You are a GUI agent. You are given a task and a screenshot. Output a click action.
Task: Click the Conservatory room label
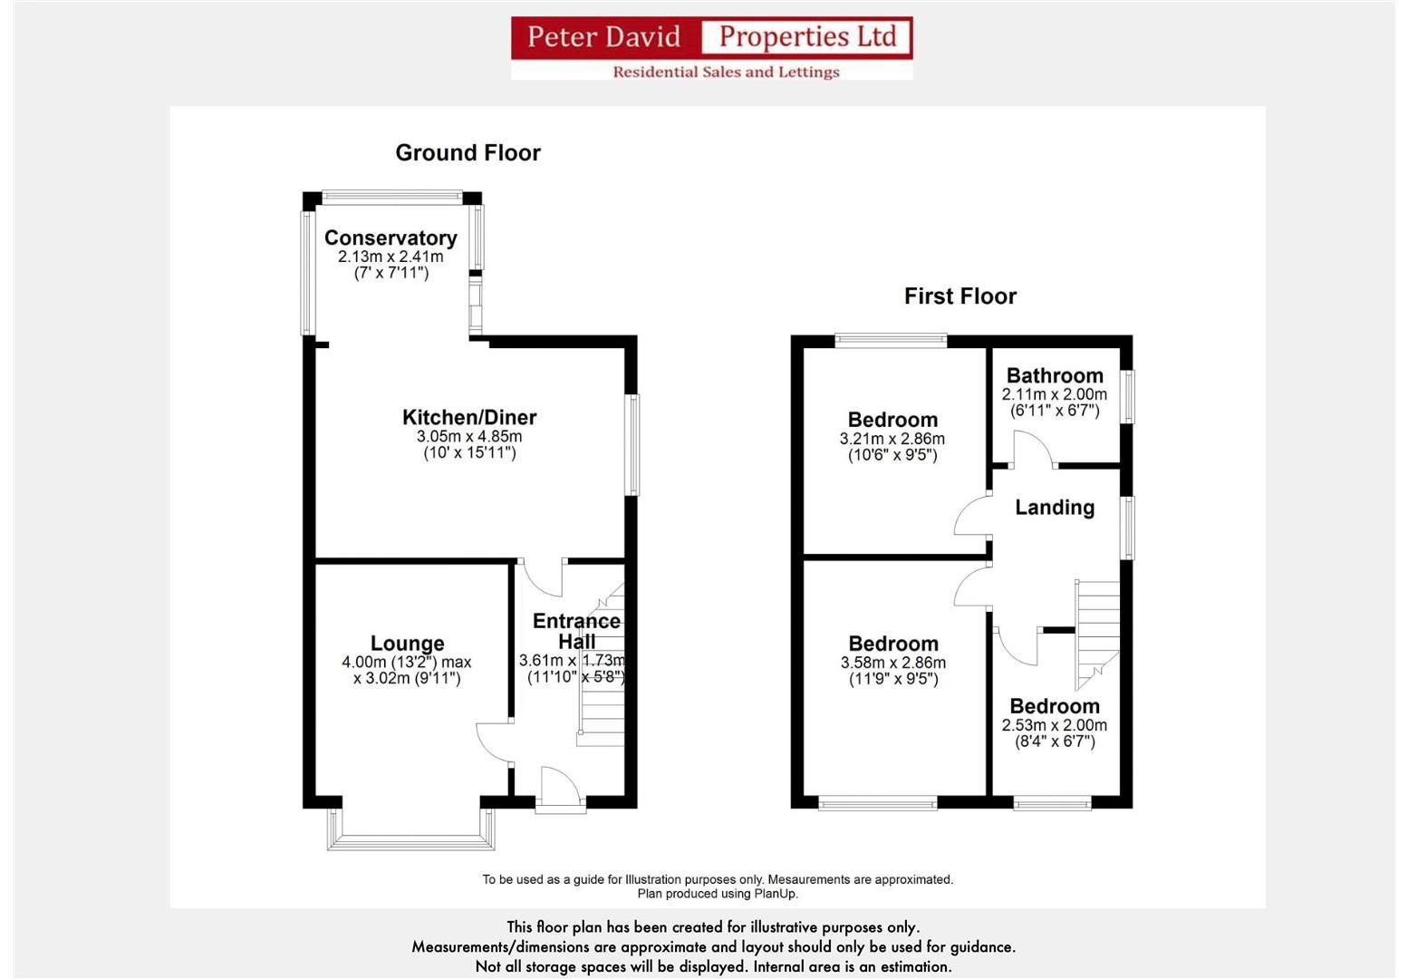pyautogui.click(x=391, y=237)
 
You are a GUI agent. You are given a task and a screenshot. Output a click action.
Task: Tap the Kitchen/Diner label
pyautogui.click(x=469, y=417)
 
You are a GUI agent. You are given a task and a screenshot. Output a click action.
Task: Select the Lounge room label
pyautogui.click(x=407, y=644)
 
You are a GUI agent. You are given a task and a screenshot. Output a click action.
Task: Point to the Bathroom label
pyautogui.click(x=1055, y=375)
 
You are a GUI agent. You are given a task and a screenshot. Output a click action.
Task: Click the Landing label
pyautogui.click(x=1055, y=508)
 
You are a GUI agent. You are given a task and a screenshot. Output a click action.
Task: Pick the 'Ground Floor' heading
pyautogui.click(x=468, y=152)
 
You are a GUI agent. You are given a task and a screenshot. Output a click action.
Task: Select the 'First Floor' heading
pyautogui.click(x=960, y=296)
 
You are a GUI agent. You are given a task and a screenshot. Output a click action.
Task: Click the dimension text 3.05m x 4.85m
pyautogui.click(x=469, y=436)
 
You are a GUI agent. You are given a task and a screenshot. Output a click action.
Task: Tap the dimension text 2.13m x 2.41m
pyautogui.click(x=391, y=257)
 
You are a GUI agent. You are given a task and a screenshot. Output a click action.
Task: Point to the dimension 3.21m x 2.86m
pyautogui.click(x=892, y=439)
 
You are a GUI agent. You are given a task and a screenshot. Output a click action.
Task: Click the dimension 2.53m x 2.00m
pyautogui.click(x=1055, y=725)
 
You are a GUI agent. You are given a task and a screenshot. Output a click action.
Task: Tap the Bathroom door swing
pyautogui.click(x=1032, y=450)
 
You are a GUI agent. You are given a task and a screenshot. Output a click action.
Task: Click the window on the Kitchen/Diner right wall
pyautogui.click(x=633, y=444)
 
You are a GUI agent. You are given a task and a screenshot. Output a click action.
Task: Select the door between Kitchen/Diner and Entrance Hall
pyautogui.click(x=542, y=575)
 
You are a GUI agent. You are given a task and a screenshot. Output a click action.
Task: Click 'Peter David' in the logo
pyautogui.click(x=603, y=37)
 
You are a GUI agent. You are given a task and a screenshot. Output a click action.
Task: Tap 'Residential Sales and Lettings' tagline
pyautogui.click(x=726, y=72)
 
